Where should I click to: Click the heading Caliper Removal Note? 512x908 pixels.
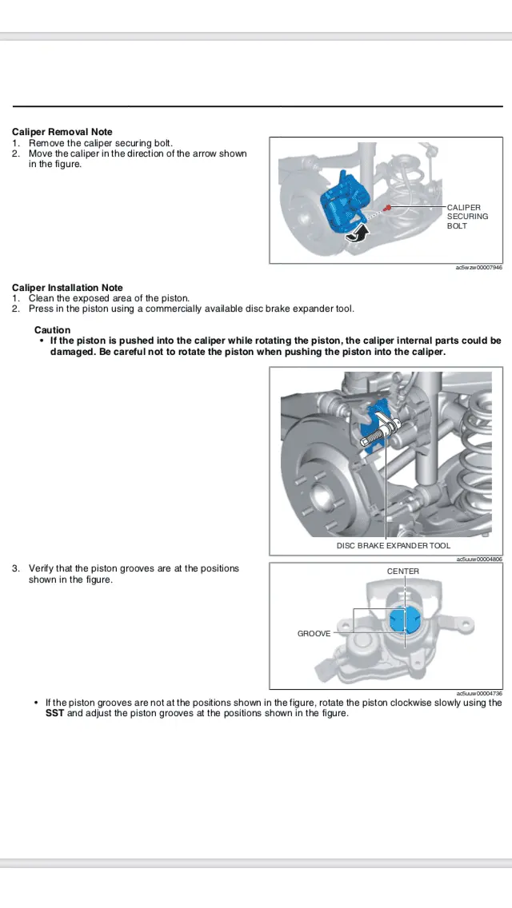click(62, 132)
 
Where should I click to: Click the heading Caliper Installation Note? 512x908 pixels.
click(67, 288)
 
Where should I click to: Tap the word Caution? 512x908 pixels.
click(52, 330)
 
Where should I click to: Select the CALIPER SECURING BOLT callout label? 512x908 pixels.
click(467, 217)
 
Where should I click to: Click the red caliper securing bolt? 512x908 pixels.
click(387, 208)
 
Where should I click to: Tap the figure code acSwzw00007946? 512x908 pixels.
click(478, 268)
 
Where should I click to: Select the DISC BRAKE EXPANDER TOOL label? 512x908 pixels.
click(393, 546)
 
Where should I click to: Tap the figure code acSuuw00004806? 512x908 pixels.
click(478, 560)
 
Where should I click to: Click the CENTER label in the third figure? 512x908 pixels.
click(402, 571)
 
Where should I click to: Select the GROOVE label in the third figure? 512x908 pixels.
click(314, 634)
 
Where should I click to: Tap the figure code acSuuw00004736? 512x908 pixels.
click(478, 693)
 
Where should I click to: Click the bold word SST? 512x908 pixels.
click(54, 713)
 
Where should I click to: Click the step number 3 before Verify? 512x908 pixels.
click(16, 569)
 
